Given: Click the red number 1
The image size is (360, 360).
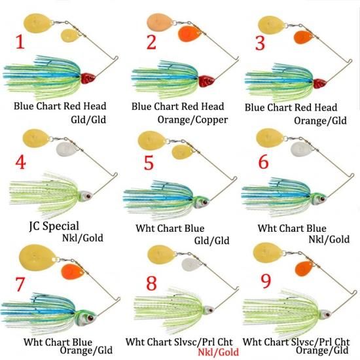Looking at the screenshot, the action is click(20, 43).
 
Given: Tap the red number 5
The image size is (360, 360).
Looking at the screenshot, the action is click(149, 162).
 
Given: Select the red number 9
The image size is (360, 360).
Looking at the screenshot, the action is click(266, 281).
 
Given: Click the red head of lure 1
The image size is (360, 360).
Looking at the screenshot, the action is click(88, 78).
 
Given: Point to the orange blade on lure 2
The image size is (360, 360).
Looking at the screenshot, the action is click(189, 34).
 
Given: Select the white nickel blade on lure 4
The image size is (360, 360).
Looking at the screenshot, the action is click(66, 149).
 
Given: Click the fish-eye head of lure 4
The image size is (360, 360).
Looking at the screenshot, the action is click(86, 196).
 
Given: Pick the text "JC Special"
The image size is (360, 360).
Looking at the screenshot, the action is click(54, 226).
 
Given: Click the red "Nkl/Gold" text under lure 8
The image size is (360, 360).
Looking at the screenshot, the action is click(219, 351).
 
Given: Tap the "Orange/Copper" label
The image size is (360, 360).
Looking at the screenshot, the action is click(192, 120).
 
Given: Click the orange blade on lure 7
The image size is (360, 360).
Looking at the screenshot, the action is click(72, 272).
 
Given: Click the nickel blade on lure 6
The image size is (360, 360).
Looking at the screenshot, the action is click(301, 149).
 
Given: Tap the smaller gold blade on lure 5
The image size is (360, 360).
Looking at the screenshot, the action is click(183, 152).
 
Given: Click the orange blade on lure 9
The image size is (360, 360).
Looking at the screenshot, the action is click(304, 268).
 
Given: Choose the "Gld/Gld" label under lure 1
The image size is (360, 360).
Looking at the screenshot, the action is click(88, 120).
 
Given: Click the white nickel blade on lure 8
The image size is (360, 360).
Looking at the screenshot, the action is click(191, 264).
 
